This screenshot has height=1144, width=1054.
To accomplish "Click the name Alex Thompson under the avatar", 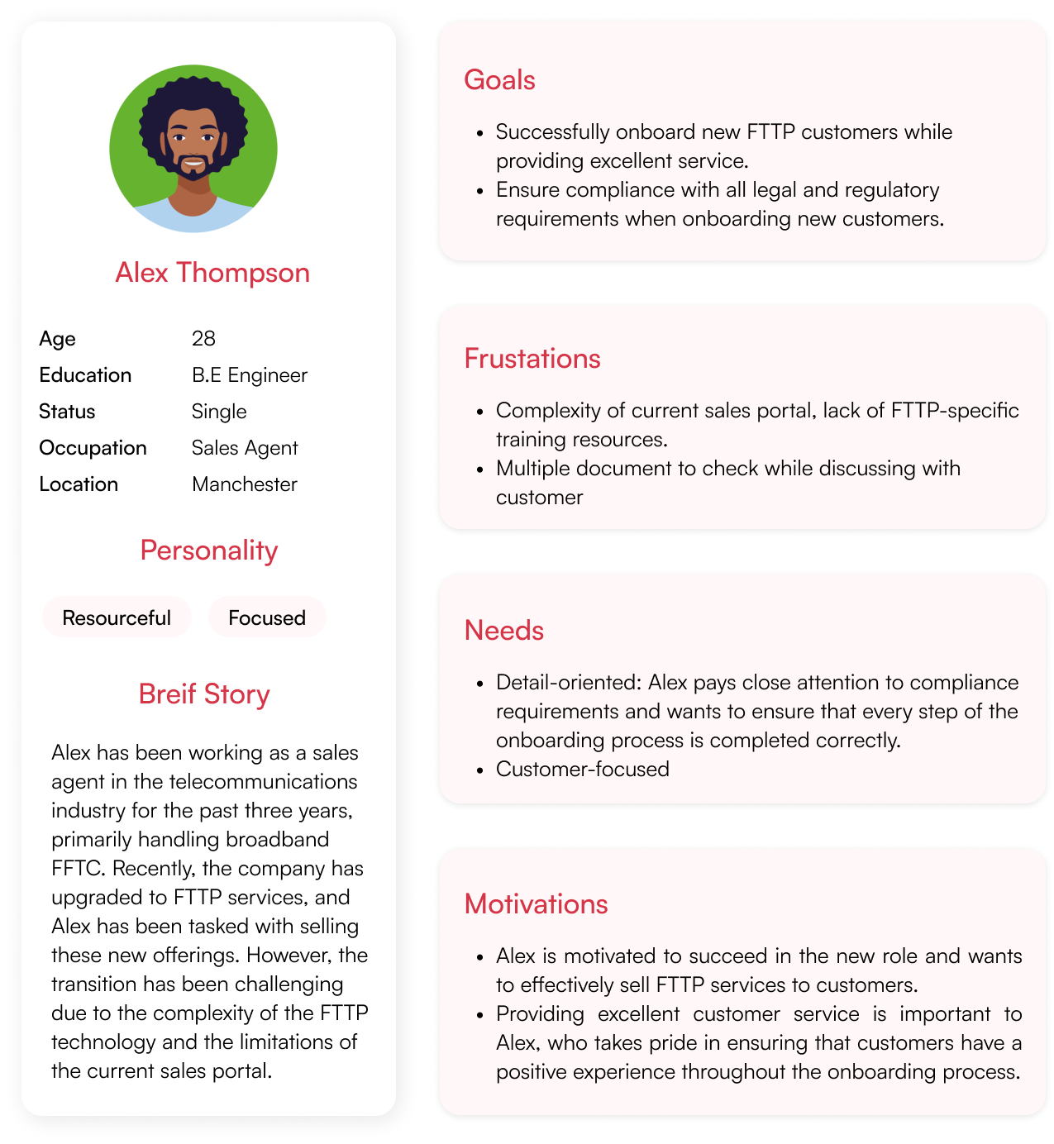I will tap(212, 273).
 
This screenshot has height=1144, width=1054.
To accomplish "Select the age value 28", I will tap(203, 338).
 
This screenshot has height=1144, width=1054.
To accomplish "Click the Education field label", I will tap(85, 375).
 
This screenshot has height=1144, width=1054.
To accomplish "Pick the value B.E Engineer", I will tap(249, 375).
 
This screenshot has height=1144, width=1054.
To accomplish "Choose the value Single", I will tap(219, 412).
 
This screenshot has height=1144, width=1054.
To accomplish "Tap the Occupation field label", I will tap(93, 448).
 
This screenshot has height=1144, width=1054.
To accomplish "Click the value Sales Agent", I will tap(245, 448).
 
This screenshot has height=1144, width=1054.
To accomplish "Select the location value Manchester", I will tap(245, 484).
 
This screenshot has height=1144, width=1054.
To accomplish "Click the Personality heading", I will tap(209, 551).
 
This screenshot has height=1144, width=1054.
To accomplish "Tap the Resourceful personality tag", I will tap(117, 617).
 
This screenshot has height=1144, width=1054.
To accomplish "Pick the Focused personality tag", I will tap(267, 617).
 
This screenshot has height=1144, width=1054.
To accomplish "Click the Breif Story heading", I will tap(204, 694).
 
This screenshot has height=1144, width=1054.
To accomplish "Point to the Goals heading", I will tap(499, 80).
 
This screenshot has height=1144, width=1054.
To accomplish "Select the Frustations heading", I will tap(532, 359).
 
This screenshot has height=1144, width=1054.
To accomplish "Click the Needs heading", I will tap(504, 631).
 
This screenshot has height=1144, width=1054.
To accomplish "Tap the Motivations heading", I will tap(536, 904).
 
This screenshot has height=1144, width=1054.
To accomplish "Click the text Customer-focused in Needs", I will tap(583, 770).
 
